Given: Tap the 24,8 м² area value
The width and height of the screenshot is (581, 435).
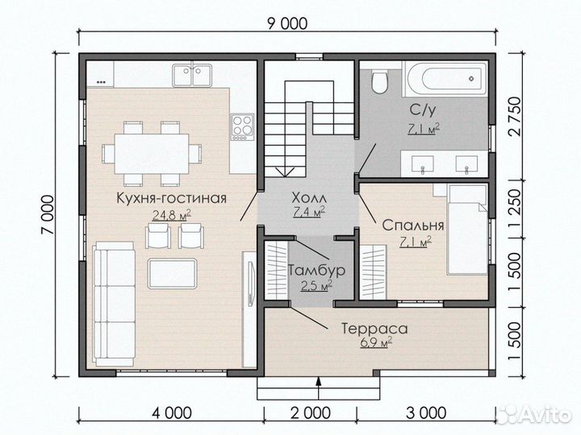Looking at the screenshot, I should coord(170,214).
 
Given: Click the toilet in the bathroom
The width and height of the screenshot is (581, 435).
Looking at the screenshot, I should coord(378,81).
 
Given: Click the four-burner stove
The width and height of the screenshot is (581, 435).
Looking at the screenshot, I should coord(242,126).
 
